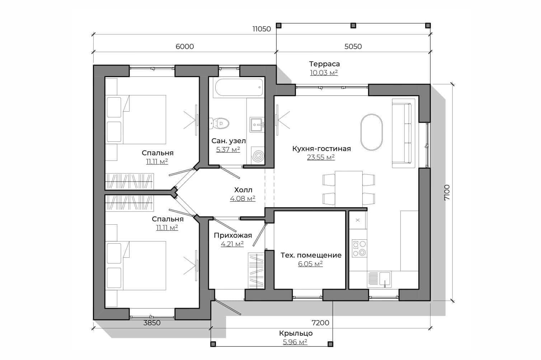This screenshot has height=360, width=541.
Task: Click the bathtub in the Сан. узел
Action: tap(239, 87)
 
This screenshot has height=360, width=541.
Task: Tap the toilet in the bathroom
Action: tap(218, 123)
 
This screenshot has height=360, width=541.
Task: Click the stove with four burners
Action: tap(359, 248)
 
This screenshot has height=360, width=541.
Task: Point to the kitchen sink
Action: tap(379, 279)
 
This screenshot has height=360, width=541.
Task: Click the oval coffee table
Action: tap(371, 132)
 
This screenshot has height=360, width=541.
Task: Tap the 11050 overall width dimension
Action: tap(262, 29)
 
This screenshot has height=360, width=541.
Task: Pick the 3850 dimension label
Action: tap(152, 323)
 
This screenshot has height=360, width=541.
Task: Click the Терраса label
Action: tap(324, 64)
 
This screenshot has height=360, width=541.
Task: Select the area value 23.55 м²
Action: tap(321, 157)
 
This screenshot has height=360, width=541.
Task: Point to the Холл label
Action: tap(243, 190)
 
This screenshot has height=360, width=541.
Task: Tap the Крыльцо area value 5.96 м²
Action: tap(295, 342)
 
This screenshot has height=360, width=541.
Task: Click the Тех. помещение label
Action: tap(311, 255)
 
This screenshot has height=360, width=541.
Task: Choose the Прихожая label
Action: tap(233, 235)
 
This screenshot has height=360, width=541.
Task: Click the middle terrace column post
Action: tap(353, 25)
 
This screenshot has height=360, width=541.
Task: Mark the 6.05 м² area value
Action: tap(310, 264)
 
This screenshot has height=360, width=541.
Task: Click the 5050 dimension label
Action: tap(353, 46)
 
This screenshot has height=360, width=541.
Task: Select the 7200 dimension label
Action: tap(320, 323)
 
